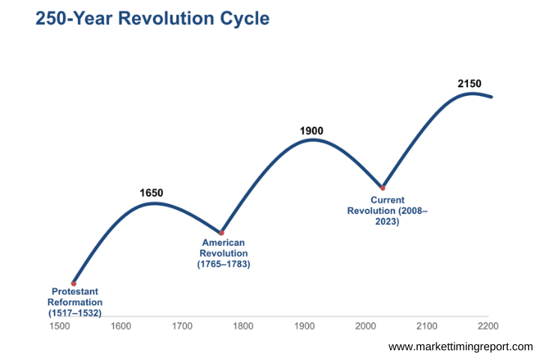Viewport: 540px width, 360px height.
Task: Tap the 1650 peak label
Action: tap(151, 193)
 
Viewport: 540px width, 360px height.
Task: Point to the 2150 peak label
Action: tap(469, 83)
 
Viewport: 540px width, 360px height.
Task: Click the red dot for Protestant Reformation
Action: tap(73, 283)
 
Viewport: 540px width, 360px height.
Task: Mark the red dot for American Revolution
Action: tap(220, 232)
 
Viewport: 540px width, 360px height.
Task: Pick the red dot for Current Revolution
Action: tap(382, 187)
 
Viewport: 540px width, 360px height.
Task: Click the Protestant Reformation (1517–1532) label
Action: tap(74, 301)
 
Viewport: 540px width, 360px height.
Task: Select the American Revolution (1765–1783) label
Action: tap(223, 253)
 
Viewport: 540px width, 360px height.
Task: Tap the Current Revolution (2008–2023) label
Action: tap(387, 211)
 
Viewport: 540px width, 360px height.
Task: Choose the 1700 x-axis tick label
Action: tap(181, 326)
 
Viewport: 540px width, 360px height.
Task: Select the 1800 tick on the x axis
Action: tap(243, 326)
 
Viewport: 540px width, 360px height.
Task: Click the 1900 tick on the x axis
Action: tap(304, 326)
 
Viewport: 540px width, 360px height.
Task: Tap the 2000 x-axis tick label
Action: tap(365, 326)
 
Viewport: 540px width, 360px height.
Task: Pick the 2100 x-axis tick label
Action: tap(427, 326)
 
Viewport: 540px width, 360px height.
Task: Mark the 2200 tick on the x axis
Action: tap(488, 326)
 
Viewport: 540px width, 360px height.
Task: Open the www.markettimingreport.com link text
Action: tap(460, 346)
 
